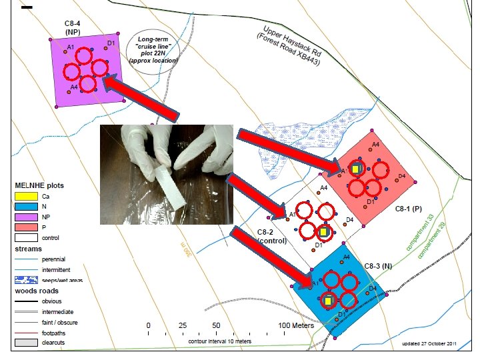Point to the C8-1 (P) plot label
tap(408, 209)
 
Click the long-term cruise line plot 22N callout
tap(154, 51)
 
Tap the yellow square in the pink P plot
tap(356, 169)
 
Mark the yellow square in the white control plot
tap(323, 232)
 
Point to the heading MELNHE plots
tap(39, 185)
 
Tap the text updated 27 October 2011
tap(429, 344)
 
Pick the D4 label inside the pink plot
tap(402, 176)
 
